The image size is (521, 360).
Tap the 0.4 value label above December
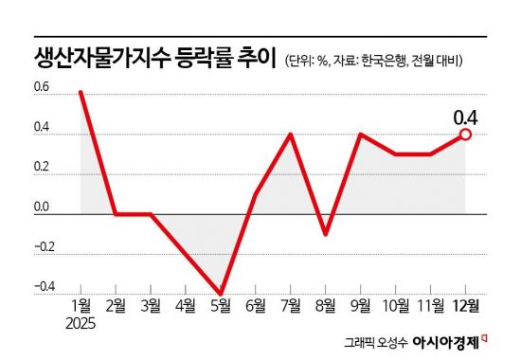tap(466, 117)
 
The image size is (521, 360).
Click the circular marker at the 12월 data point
tap(466, 135)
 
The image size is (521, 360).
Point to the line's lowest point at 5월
tap(222, 295)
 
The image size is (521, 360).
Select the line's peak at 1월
tap(81, 92)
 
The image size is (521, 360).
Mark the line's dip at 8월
tap(326, 234)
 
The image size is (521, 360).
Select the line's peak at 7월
tap(291, 135)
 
